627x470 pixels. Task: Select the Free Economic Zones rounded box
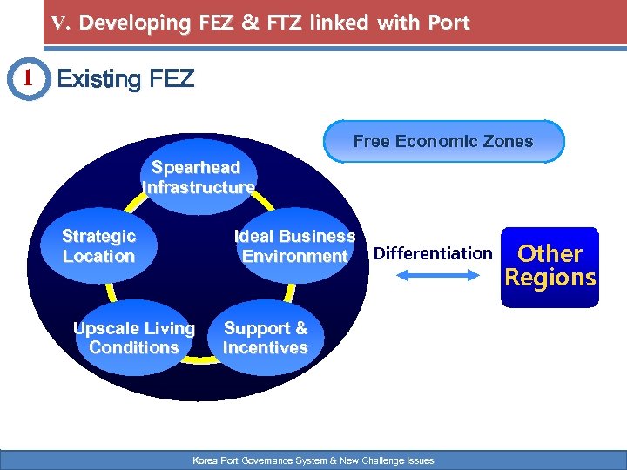pyautogui.click(x=443, y=141)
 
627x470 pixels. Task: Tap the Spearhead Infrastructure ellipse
pyautogui.click(x=199, y=176)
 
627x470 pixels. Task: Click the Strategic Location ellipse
pyautogui.click(x=98, y=246)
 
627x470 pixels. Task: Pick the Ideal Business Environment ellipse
pyautogui.click(x=294, y=246)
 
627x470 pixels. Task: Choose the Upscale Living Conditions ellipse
pyautogui.click(x=134, y=338)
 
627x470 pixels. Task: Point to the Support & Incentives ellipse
pyautogui.click(x=266, y=338)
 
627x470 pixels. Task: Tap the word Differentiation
pyautogui.click(x=433, y=253)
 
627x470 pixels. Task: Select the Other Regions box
pyautogui.click(x=550, y=266)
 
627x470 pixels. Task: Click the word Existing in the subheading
pyautogui.click(x=98, y=80)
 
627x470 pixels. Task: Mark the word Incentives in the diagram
pyautogui.click(x=266, y=347)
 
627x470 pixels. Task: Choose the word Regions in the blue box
pyautogui.click(x=550, y=279)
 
